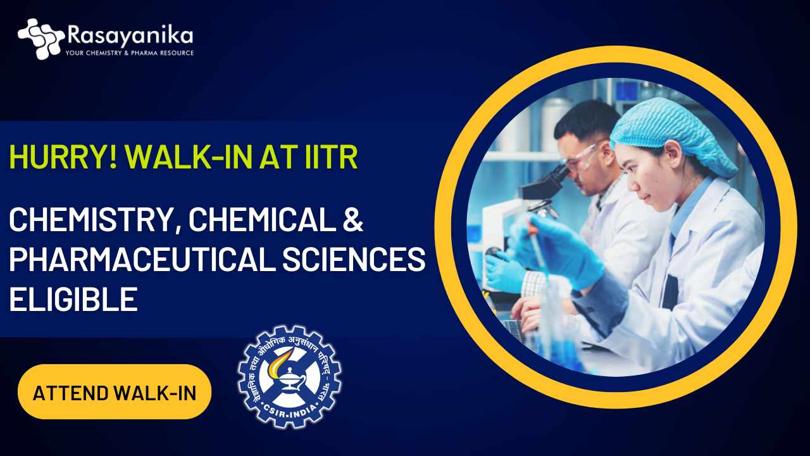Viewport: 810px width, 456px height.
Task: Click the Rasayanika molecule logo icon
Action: point(41,39)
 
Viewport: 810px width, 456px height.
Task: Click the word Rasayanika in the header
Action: point(130,35)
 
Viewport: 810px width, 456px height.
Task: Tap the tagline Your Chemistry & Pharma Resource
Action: point(130,53)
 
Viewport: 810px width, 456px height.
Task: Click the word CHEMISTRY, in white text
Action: point(90,220)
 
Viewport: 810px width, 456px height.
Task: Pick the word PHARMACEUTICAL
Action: point(142,259)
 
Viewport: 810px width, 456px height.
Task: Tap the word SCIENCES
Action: point(354,259)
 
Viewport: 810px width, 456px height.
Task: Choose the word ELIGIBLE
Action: point(73,299)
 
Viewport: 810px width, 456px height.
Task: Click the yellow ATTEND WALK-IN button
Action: point(115,392)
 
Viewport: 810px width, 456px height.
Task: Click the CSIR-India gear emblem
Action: point(289,377)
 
